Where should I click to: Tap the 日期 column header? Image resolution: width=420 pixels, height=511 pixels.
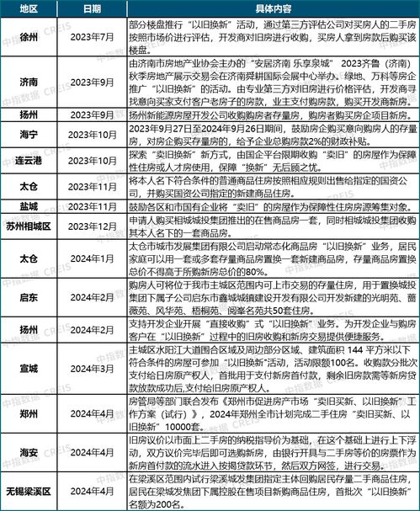click(93, 8)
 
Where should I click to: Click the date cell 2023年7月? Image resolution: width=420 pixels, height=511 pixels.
click(93, 36)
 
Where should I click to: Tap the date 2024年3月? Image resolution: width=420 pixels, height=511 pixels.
click(93, 366)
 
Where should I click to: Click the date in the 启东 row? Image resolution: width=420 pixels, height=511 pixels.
click(93, 297)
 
